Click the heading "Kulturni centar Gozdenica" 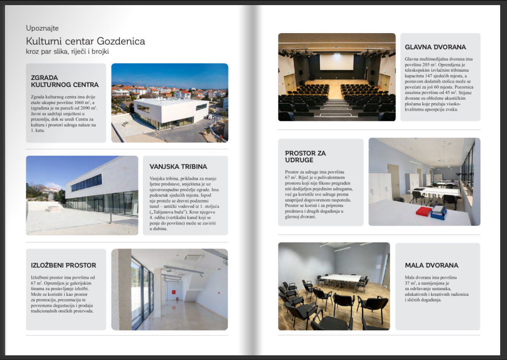pyautogui.click(x=85, y=41)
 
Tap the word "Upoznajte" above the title pyautogui.click(x=42, y=28)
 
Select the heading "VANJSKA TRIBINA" pyautogui.click(x=178, y=167)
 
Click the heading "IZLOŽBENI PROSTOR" pyautogui.click(x=64, y=265)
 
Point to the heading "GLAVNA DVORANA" pyautogui.click(x=435, y=47)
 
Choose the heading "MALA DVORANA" pyautogui.click(x=431, y=265)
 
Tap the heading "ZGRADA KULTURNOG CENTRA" pyautogui.click(x=65, y=81)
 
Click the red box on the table pyautogui.click(x=423, y=211)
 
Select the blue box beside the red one pyautogui.click(x=439, y=212)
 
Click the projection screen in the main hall pyautogui.click(x=336, y=62)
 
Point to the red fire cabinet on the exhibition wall pyautogui.click(x=173, y=292)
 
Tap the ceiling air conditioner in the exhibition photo pyautogui.click(x=194, y=258)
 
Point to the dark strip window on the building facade pyautogui.click(x=87, y=183)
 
